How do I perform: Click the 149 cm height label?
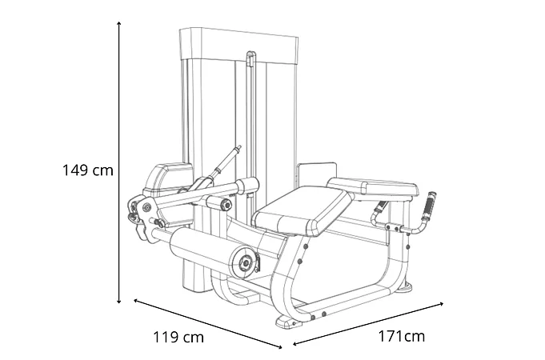[87, 170]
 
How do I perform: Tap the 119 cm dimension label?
[178, 337]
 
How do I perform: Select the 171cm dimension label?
[402, 336]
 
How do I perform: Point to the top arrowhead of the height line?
[119, 23]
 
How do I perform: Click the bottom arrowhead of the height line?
[119, 301]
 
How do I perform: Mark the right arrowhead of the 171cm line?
[441, 304]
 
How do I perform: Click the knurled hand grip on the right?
[429, 206]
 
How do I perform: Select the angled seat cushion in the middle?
[302, 210]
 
